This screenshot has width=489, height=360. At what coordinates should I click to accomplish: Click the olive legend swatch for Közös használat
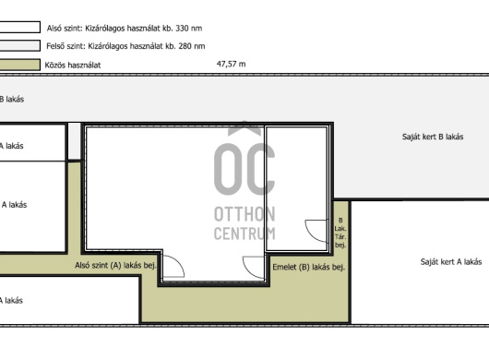(20, 65)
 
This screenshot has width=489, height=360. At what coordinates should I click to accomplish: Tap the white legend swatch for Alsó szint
(20, 27)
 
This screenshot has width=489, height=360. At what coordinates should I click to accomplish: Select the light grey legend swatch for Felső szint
(20, 45)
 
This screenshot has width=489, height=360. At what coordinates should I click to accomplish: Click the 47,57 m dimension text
(231, 64)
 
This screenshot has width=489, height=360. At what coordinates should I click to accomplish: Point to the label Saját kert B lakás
(433, 137)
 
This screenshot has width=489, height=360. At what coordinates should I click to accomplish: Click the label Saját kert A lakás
(451, 262)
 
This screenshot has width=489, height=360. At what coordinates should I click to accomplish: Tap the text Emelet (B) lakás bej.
(309, 267)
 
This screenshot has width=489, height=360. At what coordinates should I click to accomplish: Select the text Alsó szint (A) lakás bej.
(115, 265)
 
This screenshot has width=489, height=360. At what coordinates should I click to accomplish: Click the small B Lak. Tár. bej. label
(340, 233)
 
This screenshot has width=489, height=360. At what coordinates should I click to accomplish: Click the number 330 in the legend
(182, 29)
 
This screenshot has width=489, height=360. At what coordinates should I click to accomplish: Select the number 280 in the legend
(185, 46)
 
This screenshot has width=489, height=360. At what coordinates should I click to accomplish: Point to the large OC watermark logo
(244, 159)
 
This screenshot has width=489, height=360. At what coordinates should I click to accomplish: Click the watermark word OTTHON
(244, 214)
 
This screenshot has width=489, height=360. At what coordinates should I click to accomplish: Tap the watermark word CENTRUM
(244, 233)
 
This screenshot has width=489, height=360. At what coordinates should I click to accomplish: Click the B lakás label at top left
(12, 99)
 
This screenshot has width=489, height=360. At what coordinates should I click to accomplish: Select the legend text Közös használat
(73, 65)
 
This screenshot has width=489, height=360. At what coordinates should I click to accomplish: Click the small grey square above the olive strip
(74, 141)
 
